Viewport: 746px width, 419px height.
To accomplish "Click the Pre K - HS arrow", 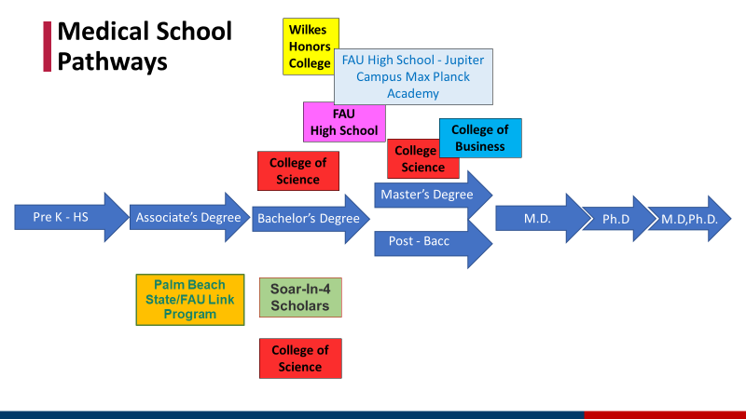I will click(x=62, y=218).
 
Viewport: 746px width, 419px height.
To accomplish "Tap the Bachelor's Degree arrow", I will click(x=309, y=219).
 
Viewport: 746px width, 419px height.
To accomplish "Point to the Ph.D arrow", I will click(x=616, y=219).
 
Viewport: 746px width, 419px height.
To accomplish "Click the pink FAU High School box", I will click(x=343, y=122).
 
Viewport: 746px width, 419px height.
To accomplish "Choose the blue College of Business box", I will click(x=480, y=138).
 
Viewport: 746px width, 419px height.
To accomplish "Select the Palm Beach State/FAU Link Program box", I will click(x=190, y=300).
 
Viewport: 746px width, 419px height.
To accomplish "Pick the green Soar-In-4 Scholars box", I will click(x=299, y=297).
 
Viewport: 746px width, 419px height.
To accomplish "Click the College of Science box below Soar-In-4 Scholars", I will click(x=300, y=358).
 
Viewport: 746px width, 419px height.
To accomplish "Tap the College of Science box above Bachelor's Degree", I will click(x=298, y=171).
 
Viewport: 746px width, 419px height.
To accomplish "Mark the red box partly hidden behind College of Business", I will click(x=414, y=160).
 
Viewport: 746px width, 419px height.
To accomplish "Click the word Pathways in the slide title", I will click(x=112, y=61).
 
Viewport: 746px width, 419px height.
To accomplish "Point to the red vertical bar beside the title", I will click(x=48, y=47).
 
